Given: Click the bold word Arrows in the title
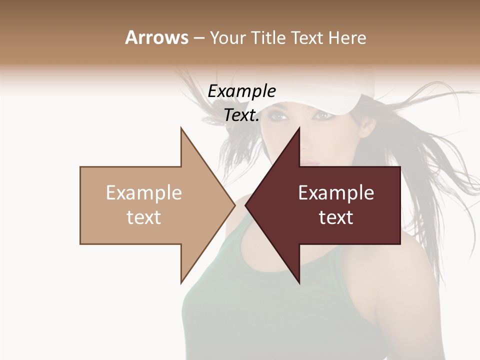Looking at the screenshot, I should [x=156, y=37].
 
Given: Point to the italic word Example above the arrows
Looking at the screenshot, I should [x=241, y=91].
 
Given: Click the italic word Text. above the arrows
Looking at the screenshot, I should [x=241, y=115].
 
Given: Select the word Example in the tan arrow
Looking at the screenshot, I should [x=144, y=193].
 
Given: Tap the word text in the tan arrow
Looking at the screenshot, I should [x=144, y=217].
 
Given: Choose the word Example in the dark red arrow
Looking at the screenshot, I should [x=336, y=193].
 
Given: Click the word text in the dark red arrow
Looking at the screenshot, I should [x=336, y=217].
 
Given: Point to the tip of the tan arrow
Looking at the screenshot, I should [x=234, y=205].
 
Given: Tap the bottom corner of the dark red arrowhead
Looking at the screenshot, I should [x=299, y=282].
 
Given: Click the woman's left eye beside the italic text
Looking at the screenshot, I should [x=281, y=116].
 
